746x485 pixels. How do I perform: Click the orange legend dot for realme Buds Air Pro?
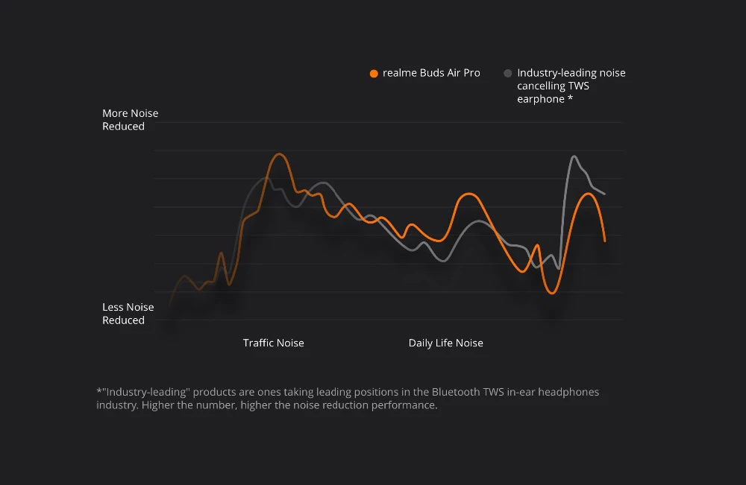click(374, 73)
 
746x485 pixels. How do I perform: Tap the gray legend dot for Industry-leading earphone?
click(508, 73)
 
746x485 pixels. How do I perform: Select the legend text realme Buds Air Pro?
click(431, 73)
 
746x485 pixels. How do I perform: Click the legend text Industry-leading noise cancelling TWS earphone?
click(571, 86)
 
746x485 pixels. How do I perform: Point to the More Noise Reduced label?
click(130, 120)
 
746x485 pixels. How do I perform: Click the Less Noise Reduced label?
click(128, 314)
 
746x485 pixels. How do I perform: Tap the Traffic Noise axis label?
click(273, 343)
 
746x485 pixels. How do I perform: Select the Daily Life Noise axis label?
click(445, 343)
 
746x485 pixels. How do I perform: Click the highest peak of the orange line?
click(279, 154)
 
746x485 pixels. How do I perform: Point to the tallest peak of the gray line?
click(574, 156)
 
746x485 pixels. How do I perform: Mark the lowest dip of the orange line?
click(552, 293)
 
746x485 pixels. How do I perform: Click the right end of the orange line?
click(605, 241)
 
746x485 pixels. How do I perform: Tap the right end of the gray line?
click(604, 194)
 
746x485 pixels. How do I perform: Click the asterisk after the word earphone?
click(571, 99)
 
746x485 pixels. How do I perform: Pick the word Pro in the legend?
click(471, 73)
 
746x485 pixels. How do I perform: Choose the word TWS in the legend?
click(577, 86)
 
